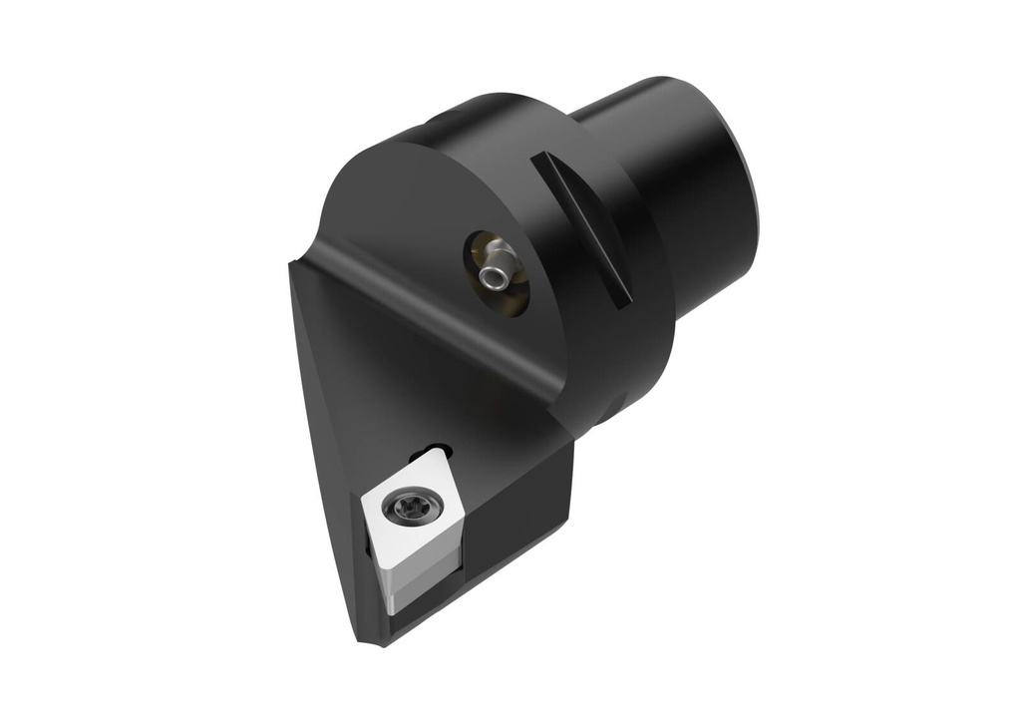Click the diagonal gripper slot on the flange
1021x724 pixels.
pyautogui.click(x=582, y=227)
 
